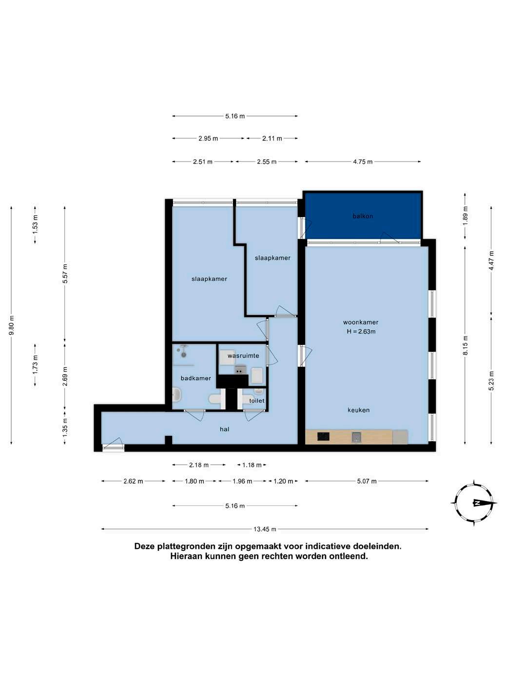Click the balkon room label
[x=363, y=216]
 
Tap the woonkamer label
[x=360, y=322]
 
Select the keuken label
[x=358, y=410]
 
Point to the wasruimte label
[x=243, y=356]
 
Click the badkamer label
[x=195, y=378]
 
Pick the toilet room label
[x=256, y=401]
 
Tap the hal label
[x=224, y=429]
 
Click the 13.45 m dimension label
[x=265, y=529]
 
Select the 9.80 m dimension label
[x=11, y=325]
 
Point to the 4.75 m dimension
[x=363, y=162]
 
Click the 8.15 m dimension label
[x=466, y=345]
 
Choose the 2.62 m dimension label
[x=133, y=481]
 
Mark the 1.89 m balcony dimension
[x=465, y=216]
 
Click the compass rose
[x=473, y=503]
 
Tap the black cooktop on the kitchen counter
[x=323, y=436]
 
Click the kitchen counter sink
[x=356, y=436]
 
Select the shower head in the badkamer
[x=184, y=351]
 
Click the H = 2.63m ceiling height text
[x=361, y=332]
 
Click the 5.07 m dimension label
[x=367, y=481]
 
